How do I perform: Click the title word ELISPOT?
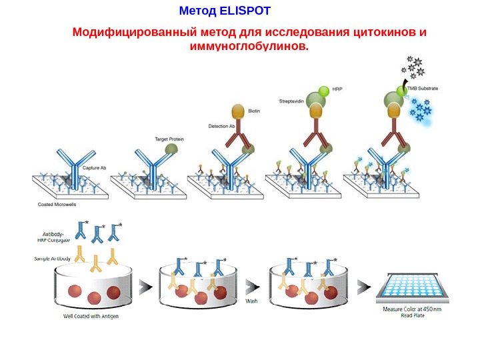click(x=245, y=11)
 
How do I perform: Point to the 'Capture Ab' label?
click(x=95, y=168)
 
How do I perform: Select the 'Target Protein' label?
click(x=169, y=139)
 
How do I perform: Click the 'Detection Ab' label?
click(x=221, y=126)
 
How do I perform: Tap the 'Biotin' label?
click(x=254, y=111)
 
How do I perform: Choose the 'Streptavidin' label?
click(x=291, y=101)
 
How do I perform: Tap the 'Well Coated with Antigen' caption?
click(x=91, y=316)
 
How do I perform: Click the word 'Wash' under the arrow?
click(x=252, y=301)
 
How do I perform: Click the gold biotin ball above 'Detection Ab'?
click(x=238, y=111)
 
